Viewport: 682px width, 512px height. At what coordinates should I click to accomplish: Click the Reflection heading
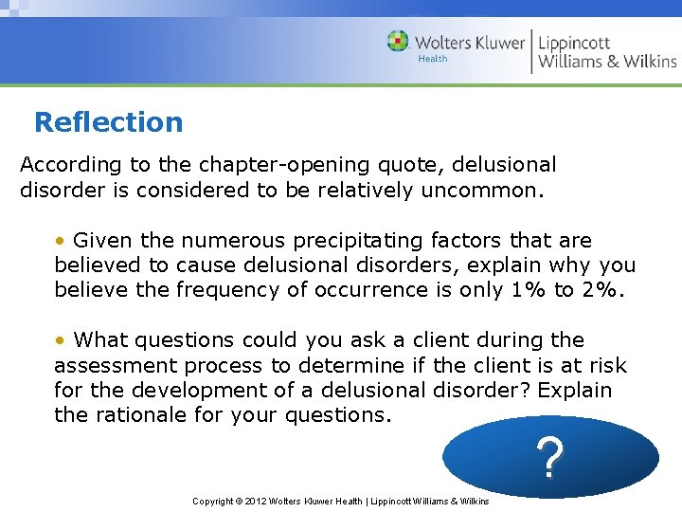(x=108, y=122)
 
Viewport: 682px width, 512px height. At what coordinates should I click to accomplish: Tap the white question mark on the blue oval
(x=550, y=458)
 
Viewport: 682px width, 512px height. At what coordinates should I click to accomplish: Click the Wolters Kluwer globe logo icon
(x=398, y=42)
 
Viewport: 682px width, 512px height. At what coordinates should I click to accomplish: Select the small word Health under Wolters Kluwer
(x=432, y=59)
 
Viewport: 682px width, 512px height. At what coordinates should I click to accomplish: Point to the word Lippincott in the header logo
(x=574, y=43)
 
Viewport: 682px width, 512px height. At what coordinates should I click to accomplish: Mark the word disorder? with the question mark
(x=520, y=390)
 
